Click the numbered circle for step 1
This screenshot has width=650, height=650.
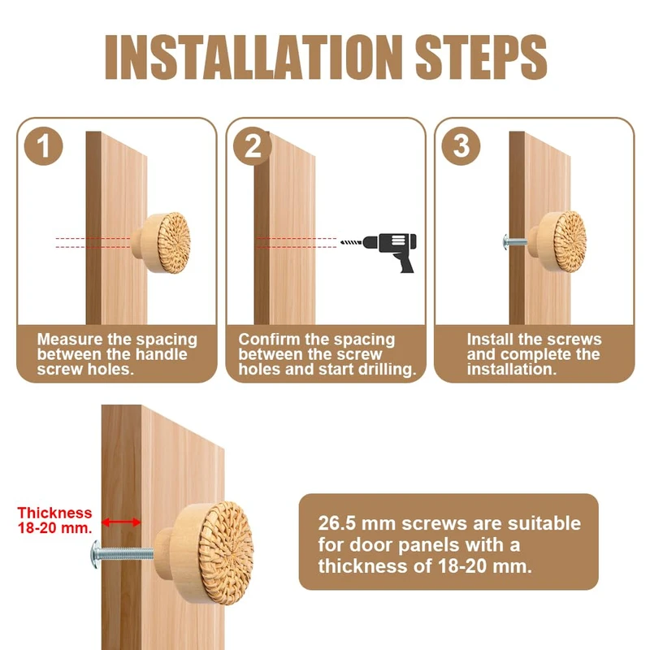point(44,146)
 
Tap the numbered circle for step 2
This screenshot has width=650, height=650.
point(253,146)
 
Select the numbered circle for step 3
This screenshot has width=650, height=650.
point(461,146)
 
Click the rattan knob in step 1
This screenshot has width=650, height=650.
point(161,243)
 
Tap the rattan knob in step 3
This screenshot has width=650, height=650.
point(557,241)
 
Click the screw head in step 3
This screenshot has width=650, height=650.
point(505,242)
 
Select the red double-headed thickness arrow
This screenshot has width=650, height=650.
point(121,522)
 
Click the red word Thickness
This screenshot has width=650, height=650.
point(54,513)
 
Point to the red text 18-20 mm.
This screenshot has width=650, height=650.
point(54,527)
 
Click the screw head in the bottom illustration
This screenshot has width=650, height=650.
point(96,554)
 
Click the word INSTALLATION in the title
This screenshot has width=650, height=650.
point(253,57)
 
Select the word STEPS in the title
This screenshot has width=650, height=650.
point(481,57)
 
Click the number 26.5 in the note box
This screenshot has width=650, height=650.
point(336,523)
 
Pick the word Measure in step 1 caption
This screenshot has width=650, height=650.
point(70,340)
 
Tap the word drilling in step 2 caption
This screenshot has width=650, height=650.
point(387,370)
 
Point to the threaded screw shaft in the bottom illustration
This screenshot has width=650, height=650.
point(128,553)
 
